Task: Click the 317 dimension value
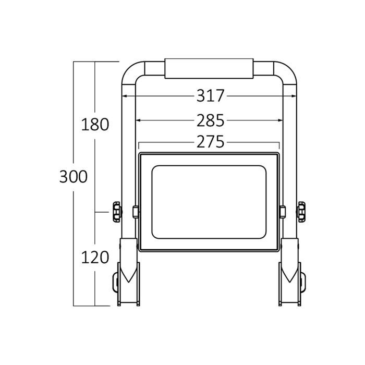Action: pos(210,96)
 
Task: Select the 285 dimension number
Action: pos(210,121)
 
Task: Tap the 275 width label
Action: pos(210,142)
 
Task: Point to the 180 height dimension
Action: pos(95,125)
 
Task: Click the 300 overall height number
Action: pos(73,177)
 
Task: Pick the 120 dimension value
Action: pos(95,257)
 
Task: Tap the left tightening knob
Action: pos(115,212)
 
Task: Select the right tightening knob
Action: pos(302,212)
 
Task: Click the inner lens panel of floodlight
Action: pos(209,202)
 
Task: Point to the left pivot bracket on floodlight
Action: pos(136,212)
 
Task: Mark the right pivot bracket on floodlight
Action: pos(283,212)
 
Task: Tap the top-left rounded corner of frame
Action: pos(130,70)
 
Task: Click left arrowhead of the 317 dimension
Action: pos(126,96)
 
